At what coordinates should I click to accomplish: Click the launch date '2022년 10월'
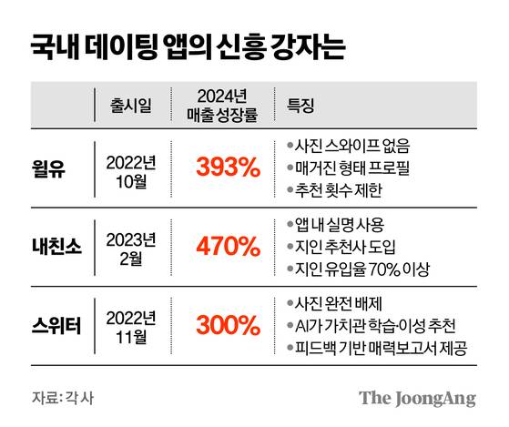pos(131,168)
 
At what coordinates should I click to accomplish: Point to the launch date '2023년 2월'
pos(131,246)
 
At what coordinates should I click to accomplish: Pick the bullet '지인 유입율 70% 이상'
pos(361,268)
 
